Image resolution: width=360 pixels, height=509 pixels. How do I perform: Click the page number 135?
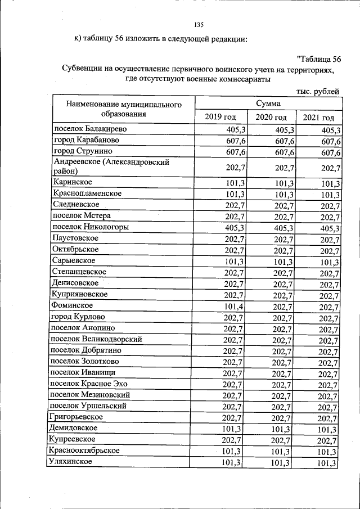(198, 25)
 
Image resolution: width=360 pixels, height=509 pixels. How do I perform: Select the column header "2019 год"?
(220, 117)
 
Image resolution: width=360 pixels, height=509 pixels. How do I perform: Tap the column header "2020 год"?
(271, 117)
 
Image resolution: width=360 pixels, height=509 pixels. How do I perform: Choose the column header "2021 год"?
(318, 117)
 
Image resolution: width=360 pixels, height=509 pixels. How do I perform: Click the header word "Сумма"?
(268, 103)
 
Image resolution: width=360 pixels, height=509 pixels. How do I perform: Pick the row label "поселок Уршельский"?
(88, 406)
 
